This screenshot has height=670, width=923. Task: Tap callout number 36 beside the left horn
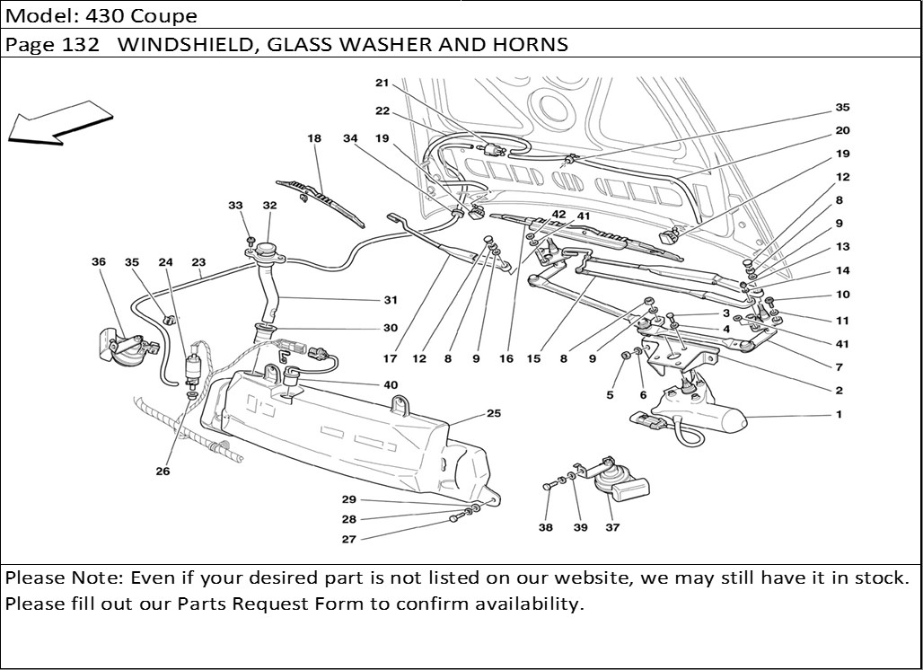(99, 262)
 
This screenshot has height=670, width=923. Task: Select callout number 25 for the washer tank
(494, 414)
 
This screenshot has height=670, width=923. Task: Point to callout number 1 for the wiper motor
(839, 415)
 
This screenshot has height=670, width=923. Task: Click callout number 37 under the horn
(612, 528)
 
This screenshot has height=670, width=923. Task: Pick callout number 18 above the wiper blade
(313, 139)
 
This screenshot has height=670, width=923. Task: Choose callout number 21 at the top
(382, 84)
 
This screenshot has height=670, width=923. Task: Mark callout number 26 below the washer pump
(163, 471)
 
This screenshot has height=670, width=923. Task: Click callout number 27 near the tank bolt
(348, 540)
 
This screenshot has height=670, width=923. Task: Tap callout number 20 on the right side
(842, 131)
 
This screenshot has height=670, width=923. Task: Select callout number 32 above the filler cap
(269, 206)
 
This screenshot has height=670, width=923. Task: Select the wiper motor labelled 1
(709, 415)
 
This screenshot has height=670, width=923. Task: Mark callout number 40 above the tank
(391, 384)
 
